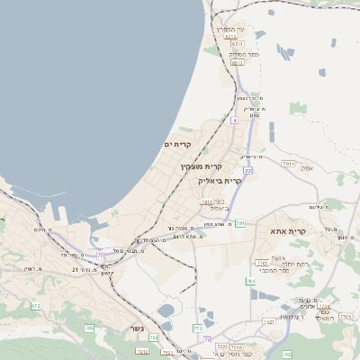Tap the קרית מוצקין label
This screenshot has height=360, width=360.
(x=201, y=166)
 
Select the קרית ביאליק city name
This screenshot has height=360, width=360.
(x=220, y=181)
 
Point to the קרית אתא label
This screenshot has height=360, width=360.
(x=288, y=231)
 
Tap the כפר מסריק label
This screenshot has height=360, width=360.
(x=236, y=54)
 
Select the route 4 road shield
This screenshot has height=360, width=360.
(x=234, y=120)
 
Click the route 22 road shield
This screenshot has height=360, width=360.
(x=247, y=169)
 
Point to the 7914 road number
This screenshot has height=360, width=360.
(x=288, y=164)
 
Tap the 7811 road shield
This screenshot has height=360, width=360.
(x=206, y=202)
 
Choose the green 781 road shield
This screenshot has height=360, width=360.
(x=240, y=223)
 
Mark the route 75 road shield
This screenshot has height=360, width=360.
(x=101, y=256)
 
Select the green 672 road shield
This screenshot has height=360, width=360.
(x=35, y=307)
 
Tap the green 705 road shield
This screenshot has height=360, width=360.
(x=89, y=328)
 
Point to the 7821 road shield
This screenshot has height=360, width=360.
(x=268, y=321)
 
